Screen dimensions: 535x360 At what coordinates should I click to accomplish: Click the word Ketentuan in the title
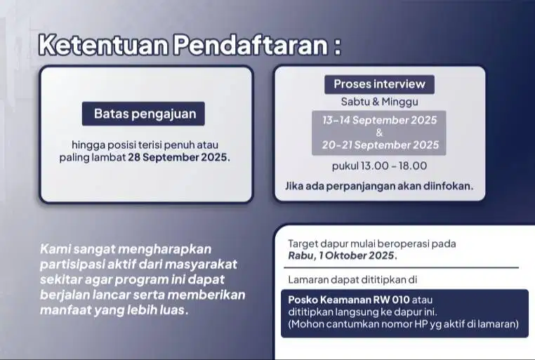point(103,45)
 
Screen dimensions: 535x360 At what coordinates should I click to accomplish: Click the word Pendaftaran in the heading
point(251,45)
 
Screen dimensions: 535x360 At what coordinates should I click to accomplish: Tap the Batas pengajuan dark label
point(143,114)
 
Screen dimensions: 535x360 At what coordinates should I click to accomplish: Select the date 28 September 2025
point(178,157)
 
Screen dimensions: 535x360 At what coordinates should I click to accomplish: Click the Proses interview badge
point(379,84)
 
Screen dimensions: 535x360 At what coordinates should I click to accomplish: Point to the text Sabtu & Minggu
point(379,102)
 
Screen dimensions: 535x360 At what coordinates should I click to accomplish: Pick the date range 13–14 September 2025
point(379,120)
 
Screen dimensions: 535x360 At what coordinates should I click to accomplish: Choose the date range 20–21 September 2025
point(380,145)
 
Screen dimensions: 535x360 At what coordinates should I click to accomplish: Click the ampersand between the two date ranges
point(379,132)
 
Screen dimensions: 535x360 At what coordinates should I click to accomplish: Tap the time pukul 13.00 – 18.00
point(379,166)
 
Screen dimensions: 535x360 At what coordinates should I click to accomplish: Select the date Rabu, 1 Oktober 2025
point(342,255)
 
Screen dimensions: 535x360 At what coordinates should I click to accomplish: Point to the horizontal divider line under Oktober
point(402,268)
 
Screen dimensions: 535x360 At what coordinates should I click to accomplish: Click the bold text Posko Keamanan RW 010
point(349,300)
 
